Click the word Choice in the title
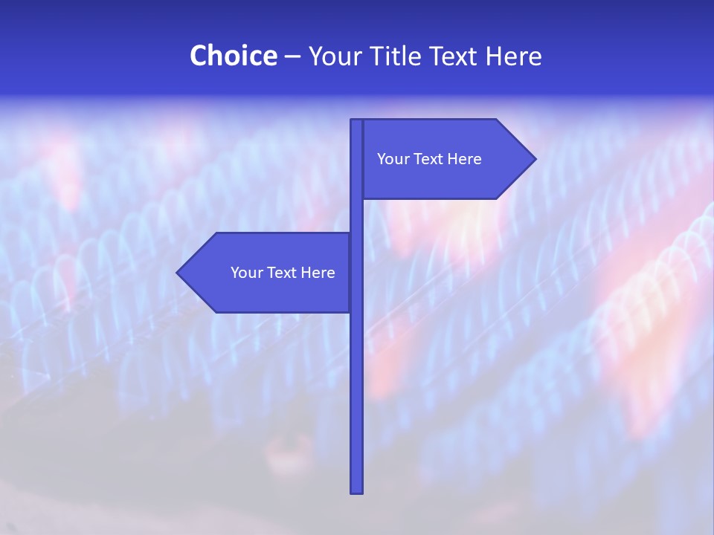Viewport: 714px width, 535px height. pos(233,56)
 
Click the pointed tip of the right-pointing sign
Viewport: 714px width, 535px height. pos(534,158)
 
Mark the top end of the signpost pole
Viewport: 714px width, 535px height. pos(356,121)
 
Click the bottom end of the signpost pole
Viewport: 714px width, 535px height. pos(356,491)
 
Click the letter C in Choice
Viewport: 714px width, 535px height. pos(199,56)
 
